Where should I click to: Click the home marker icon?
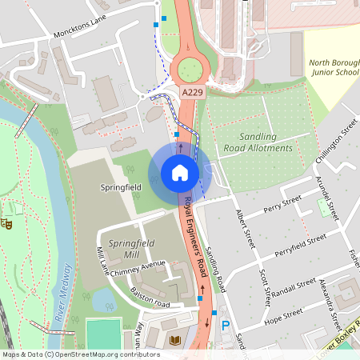click(180, 173)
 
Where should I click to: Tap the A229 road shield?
click(190, 94)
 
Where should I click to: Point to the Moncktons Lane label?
click(80, 30)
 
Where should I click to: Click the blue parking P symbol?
click(226, 326)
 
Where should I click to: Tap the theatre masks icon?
click(7, 224)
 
